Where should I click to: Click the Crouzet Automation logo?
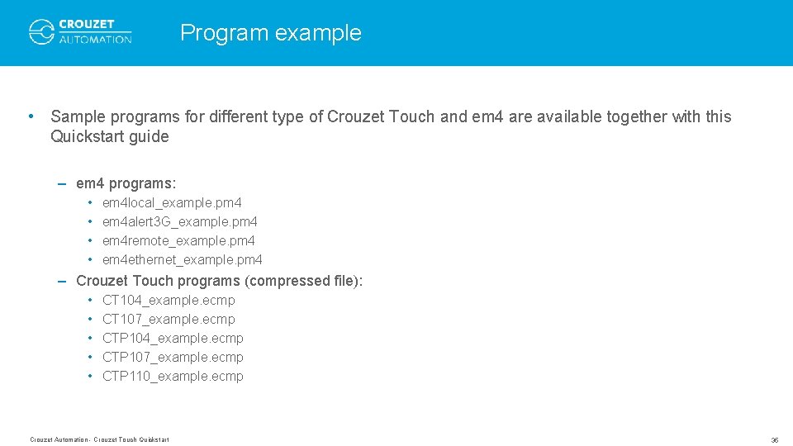point(80,32)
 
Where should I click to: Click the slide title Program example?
point(270,33)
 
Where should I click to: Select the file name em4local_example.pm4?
point(172,202)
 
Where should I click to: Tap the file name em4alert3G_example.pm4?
point(179,221)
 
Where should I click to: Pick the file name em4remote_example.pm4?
point(178,240)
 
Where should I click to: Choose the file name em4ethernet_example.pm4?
point(182,259)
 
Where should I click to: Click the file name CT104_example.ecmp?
point(169,300)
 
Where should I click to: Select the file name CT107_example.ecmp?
point(169,319)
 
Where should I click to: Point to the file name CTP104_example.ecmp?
point(173,338)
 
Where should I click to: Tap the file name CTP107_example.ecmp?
point(173,357)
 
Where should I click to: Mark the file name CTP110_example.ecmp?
point(173,376)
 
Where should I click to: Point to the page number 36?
point(774,440)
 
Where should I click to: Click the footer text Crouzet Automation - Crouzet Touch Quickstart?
point(99,439)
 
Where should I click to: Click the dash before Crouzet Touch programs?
point(63,281)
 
